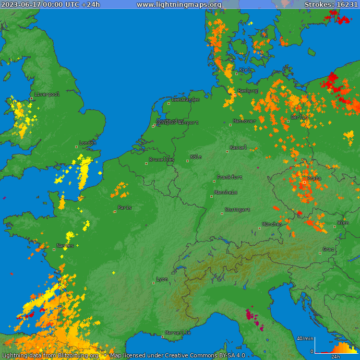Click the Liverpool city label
47,94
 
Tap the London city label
88,143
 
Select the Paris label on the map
125,208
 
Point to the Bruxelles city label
162,160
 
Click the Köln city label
196,157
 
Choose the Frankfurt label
230,177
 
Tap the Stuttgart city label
237,210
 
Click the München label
272,224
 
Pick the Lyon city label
162,279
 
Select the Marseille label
178,332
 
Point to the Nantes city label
65,245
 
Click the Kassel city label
238,148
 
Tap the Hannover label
244,121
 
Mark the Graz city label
328,249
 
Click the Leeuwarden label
186,99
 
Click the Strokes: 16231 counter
331,5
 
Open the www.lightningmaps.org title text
179,5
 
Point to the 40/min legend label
305,339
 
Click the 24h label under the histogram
336,356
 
